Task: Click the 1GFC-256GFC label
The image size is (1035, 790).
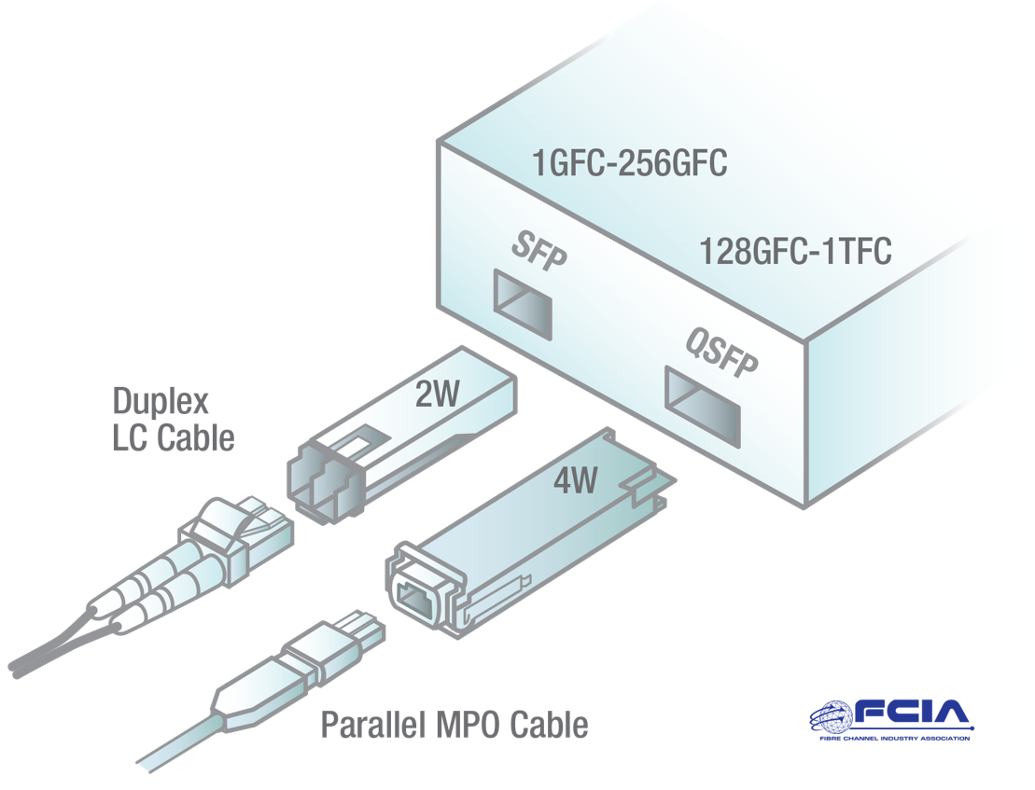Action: coord(629,164)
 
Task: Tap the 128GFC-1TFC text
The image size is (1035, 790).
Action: coord(795,251)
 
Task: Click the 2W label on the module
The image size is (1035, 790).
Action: coord(438,395)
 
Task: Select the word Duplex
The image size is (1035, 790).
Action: coord(161,402)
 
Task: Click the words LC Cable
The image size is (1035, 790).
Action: coord(173,437)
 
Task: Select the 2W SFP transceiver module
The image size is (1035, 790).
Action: coord(401,429)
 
